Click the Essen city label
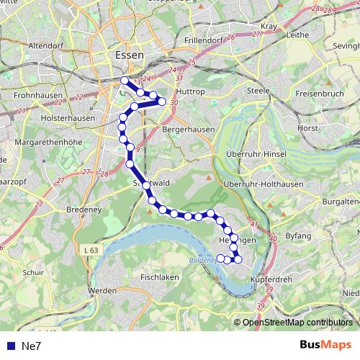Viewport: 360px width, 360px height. [129, 55]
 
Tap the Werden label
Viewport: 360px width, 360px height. [102, 290]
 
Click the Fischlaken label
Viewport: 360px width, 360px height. [161, 276]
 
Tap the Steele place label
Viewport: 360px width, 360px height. [257, 91]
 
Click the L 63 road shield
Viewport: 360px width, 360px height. [90, 249]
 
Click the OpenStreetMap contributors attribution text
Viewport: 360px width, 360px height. [297, 322]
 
